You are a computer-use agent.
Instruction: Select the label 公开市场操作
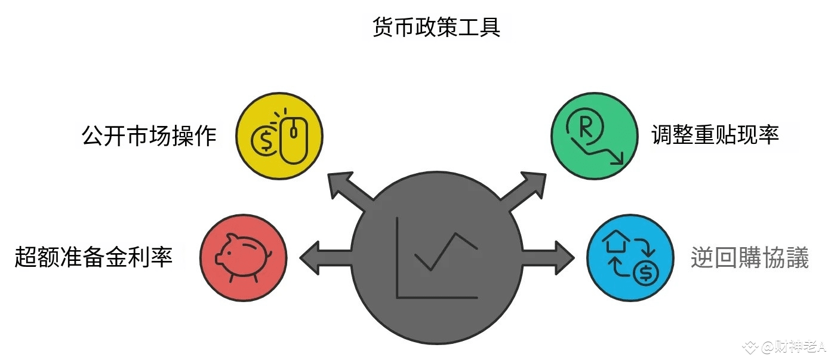149,137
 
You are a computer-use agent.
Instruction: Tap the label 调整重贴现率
715,135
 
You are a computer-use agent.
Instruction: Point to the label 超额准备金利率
94,257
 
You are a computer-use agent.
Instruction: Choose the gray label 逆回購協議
750,258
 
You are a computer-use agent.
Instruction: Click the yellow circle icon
279,136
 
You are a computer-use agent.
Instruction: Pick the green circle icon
593,136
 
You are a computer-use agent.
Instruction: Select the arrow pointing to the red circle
322,257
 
